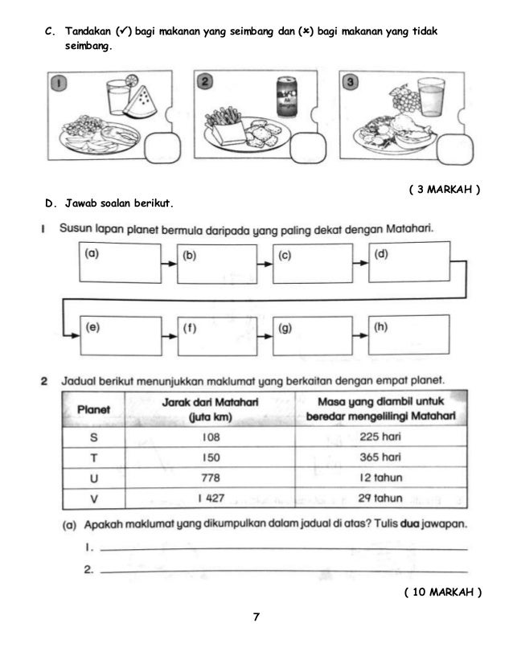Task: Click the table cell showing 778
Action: [208, 478]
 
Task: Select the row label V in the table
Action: [94, 498]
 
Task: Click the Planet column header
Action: [94, 409]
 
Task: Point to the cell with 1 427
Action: [208, 498]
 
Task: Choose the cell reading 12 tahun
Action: [380, 478]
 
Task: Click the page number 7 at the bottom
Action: [256, 617]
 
